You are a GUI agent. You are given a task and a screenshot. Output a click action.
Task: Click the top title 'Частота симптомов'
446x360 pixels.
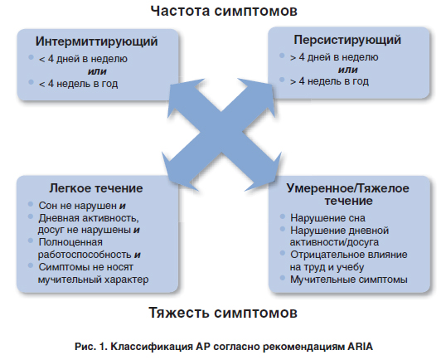(x=224, y=12)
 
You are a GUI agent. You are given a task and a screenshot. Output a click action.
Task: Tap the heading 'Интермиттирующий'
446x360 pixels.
(x=96, y=41)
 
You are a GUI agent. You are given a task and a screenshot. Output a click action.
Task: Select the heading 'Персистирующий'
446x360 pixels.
(x=347, y=40)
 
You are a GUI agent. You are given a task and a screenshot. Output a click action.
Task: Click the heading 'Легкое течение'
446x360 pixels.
(x=96, y=188)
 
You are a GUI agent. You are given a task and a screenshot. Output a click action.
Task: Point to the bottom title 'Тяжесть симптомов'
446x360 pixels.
(x=223, y=313)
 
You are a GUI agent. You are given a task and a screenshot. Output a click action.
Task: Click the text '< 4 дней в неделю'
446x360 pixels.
(x=83, y=59)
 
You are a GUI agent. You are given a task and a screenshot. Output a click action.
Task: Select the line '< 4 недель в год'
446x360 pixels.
(x=78, y=84)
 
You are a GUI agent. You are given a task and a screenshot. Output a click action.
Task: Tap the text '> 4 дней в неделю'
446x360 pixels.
(x=334, y=57)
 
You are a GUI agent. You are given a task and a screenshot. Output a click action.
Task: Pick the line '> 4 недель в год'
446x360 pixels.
(x=329, y=81)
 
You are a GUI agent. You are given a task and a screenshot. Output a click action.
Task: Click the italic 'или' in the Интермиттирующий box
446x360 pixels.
(x=97, y=71)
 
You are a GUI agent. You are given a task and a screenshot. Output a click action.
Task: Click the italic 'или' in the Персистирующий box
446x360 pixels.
(x=348, y=70)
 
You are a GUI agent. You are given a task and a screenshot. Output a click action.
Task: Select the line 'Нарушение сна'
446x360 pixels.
(x=327, y=218)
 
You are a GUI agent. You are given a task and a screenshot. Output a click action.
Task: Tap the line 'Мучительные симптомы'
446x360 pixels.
(x=349, y=280)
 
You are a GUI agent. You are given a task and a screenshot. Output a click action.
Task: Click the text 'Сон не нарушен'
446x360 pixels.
(x=78, y=206)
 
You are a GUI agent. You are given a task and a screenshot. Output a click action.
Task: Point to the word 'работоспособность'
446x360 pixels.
(x=85, y=255)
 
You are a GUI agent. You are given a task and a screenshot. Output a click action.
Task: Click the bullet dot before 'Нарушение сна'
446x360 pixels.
(x=283, y=216)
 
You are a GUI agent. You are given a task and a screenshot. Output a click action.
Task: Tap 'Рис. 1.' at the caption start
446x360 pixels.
(x=91, y=347)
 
